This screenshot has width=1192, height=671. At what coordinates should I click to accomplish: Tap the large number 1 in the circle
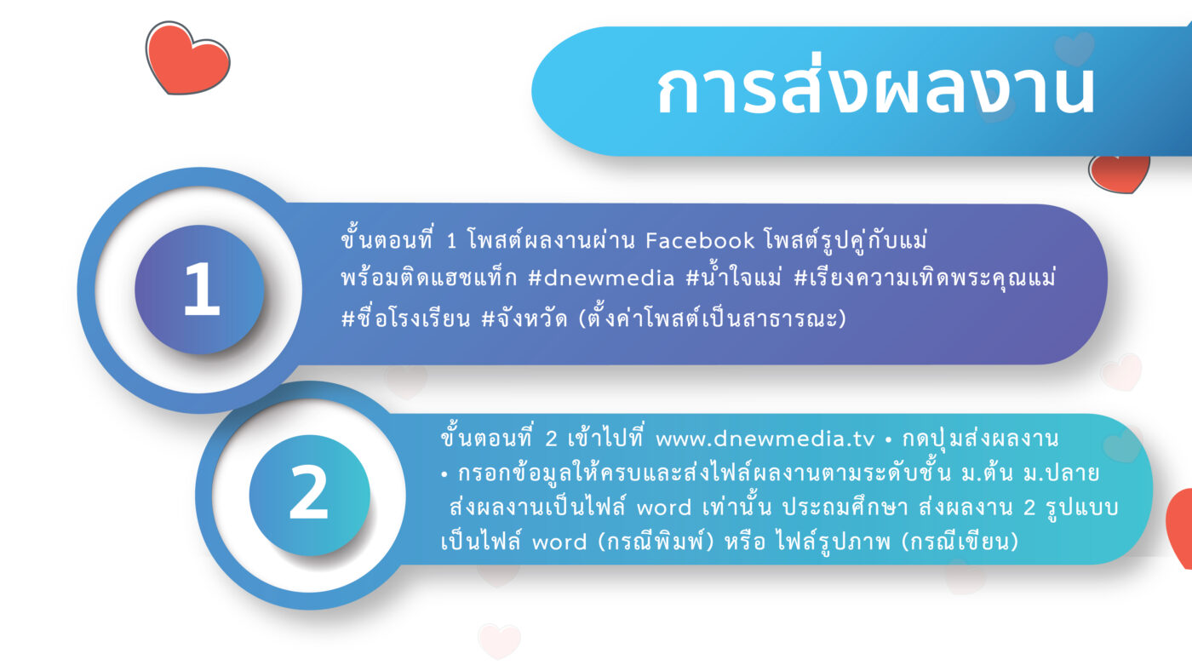tap(201, 290)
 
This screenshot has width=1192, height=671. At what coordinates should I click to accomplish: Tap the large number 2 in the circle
tap(308, 491)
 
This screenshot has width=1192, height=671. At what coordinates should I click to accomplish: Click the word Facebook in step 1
tap(700, 241)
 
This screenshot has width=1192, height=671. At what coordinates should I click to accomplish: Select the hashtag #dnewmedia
tap(601, 278)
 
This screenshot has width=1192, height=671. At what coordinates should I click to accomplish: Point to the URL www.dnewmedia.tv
tap(765, 439)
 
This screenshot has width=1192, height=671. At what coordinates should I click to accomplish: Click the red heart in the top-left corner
tap(187, 58)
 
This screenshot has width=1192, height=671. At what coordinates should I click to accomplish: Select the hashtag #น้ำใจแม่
tap(733, 277)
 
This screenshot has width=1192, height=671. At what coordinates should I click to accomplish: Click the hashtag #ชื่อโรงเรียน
tap(405, 318)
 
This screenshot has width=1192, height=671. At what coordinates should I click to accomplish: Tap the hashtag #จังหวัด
tap(524, 318)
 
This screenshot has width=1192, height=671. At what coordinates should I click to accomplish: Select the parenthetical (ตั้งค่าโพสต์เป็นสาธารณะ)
tap(713, 318)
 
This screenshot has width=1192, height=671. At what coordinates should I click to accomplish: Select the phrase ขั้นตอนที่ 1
tap(399, 239)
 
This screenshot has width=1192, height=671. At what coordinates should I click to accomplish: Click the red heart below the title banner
tap(1119, 175)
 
